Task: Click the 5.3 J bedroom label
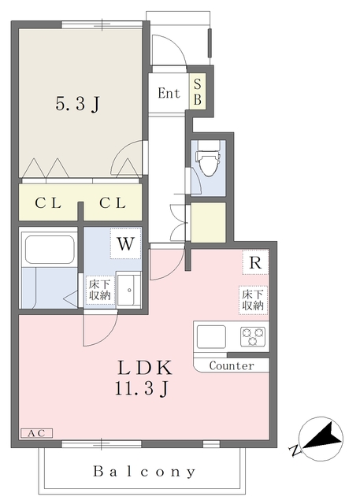[76, 103]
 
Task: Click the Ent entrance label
[169, 93]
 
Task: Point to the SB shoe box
[198, 92]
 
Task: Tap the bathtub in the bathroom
[49, 250]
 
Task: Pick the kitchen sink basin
[212, 337]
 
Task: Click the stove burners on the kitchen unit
[253, 336]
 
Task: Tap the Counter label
[232, 366]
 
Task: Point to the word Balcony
[145, 472]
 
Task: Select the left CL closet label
[47, 203]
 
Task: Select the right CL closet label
[112, 203]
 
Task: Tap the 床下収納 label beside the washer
[98, 289]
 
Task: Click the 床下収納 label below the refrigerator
[253, 299]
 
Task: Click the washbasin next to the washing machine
[128, 289]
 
